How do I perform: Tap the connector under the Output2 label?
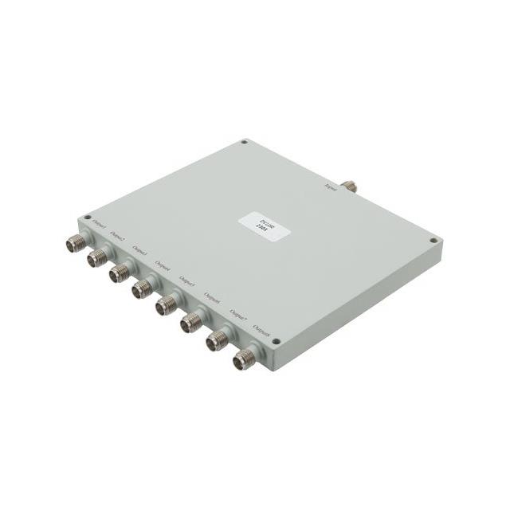(99, 257)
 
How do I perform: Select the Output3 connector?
(120, 273)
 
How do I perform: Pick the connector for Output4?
(143, 288)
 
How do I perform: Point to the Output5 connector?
(167, 304)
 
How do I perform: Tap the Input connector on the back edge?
(349, 187)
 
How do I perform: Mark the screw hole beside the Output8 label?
(274, 342)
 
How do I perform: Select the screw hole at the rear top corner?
(244, 143)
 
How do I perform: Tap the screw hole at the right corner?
(433, 239)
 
